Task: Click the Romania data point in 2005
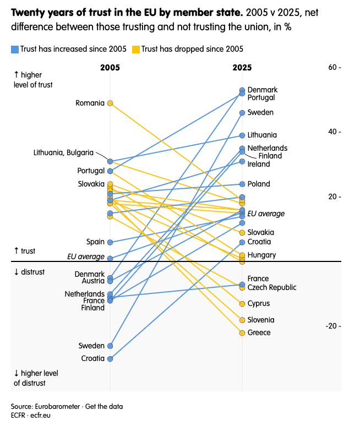(110, 103)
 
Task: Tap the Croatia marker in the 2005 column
(110, 359)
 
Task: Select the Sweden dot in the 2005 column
(110, 346)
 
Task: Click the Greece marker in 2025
(242, 332)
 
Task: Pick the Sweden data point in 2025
(242, 112)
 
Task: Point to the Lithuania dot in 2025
(242, 135)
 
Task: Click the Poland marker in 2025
(242, 184)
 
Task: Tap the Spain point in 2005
(110, 242)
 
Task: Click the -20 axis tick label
(332, 326)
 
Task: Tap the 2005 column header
(110, 68)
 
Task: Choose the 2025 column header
(242, 68)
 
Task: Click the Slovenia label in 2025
(261, 320)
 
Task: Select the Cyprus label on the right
(259, 303)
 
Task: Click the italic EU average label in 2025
(266, 214)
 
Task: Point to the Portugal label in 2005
(91, 171)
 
